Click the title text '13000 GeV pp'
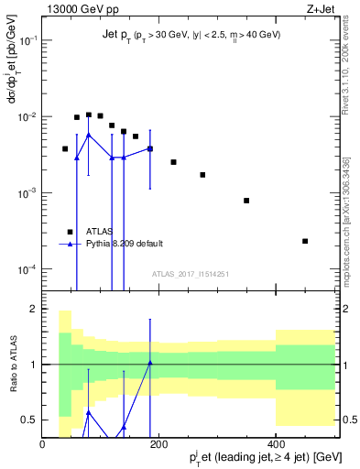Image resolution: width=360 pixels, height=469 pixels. pos(74,10)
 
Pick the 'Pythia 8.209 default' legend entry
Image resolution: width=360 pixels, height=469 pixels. pos(125,244)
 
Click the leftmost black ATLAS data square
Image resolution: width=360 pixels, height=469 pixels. pos(65,148)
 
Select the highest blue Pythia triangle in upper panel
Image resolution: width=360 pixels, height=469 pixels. pos(88,135)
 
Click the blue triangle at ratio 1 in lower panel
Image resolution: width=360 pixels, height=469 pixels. pos(150,364)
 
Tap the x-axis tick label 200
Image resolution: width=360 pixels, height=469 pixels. pos(159,444)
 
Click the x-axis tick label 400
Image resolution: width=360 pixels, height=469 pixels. pos(276,444)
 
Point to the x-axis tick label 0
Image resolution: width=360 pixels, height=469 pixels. pos(43,444)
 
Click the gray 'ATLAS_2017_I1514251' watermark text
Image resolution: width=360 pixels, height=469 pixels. pos(190,274)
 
